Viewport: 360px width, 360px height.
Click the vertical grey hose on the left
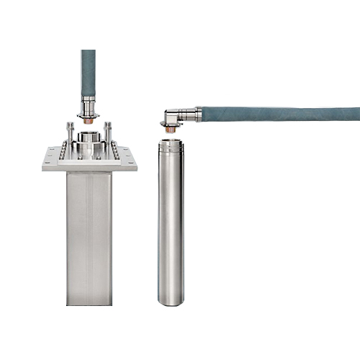88,72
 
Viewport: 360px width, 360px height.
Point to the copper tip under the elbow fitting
170,129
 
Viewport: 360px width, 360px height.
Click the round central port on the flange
89,137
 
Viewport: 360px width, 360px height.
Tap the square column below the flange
89,238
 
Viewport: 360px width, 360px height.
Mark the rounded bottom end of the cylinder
171,301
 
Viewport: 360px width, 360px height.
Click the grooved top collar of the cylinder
171,148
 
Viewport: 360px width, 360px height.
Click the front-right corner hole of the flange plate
130,161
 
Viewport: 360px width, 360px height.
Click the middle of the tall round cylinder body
171,223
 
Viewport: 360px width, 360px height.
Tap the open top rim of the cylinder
171,140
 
